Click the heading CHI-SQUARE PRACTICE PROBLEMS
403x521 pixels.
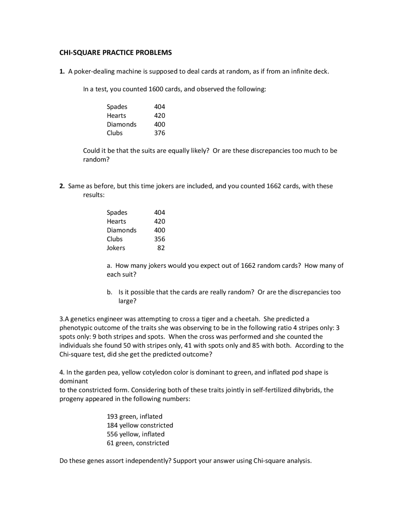click(x=116, y=53)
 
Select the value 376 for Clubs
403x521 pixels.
click(x=160, y=133)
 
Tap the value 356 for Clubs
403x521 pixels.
click(x=160, y=239)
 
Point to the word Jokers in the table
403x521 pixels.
click(x=116, y=248)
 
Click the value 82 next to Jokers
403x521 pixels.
click(x=161, y=248)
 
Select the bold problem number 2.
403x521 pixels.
click(x=62, y=186)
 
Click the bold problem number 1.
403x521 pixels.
click(x=62, y=71)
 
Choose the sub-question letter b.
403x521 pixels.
click(x=109, y=292)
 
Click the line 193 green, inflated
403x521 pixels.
click(x=135, y=417)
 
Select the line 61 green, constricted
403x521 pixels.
click(x=138, y=443)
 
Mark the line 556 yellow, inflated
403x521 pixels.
click(x=136, y=434)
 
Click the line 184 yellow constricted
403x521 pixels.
click(x=140, y=425)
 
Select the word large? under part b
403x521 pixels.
click(x=127, y=301)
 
